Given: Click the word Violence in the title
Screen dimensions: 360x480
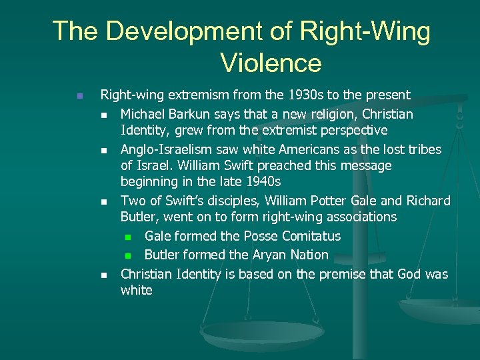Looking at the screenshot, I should [x=271, y=63].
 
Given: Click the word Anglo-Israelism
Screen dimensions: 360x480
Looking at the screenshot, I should [x=168, y=149].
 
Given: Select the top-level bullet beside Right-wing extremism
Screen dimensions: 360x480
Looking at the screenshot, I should [x=79, y=97].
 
